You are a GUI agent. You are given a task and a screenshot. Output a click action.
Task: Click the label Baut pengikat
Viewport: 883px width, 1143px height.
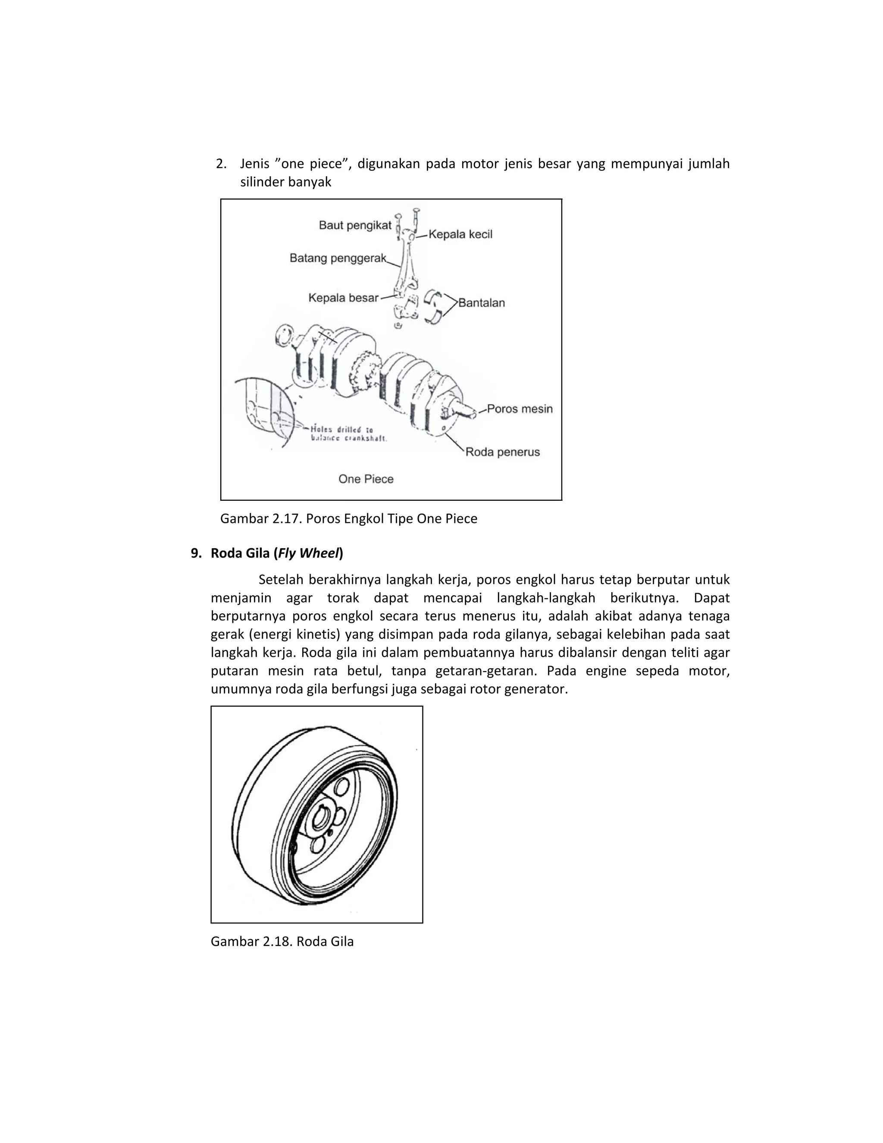pos(355,226)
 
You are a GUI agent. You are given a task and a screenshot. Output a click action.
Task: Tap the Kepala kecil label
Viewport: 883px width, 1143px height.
pos(460,235)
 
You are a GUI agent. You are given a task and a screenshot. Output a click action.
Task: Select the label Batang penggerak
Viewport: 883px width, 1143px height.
pos(338,258)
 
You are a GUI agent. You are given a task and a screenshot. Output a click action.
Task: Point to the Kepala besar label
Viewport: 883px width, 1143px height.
pos(343,298)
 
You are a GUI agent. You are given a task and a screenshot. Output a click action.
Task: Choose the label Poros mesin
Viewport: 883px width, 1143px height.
pos(520,409)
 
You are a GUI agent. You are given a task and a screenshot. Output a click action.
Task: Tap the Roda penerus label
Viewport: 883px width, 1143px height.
pos(502,452)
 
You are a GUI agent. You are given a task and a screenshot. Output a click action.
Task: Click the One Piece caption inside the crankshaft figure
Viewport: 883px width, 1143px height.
pos(366,479)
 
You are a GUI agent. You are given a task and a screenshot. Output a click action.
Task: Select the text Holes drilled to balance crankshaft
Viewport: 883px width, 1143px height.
pos(348,434)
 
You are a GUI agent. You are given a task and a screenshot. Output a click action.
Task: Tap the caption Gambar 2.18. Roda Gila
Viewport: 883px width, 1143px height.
pos(282,942)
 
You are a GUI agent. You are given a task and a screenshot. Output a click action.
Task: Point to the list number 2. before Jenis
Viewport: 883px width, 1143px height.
pos(221,164)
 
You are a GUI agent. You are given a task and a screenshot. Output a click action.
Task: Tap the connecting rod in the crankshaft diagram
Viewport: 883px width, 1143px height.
pos(405,267)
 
